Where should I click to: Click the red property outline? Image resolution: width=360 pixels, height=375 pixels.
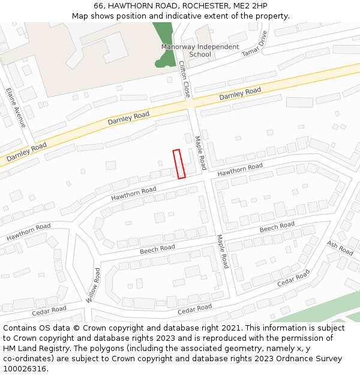click(x=179, y=164)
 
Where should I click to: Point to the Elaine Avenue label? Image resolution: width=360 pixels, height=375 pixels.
click(x=16, y=108)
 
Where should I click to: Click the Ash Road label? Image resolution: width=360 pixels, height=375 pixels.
click(x=340, y=248)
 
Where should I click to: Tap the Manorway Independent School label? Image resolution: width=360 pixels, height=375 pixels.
click(x=200, y=50)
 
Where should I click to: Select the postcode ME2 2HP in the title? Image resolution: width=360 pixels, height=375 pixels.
click(x=250, y=6)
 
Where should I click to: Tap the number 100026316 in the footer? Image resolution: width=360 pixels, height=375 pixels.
click(x=25, y=369)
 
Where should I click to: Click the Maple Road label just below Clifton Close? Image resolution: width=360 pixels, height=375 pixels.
click(x=200, y=152)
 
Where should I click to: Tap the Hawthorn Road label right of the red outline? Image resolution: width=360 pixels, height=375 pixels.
click(x=240, y=169)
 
